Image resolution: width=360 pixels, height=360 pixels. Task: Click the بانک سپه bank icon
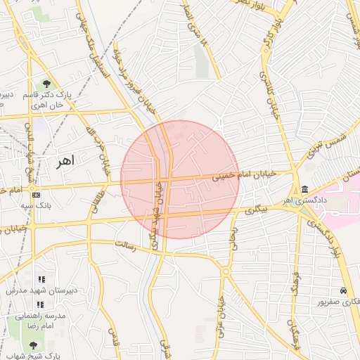(x=36, y=195)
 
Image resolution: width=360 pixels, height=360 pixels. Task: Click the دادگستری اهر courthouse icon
(x=304, y=190)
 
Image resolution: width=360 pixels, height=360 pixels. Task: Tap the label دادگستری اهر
(x=296, y=202)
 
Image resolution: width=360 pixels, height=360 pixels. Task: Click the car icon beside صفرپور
(x=342, y=291)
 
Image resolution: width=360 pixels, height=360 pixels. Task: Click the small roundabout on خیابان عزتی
(x=226, y=271)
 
